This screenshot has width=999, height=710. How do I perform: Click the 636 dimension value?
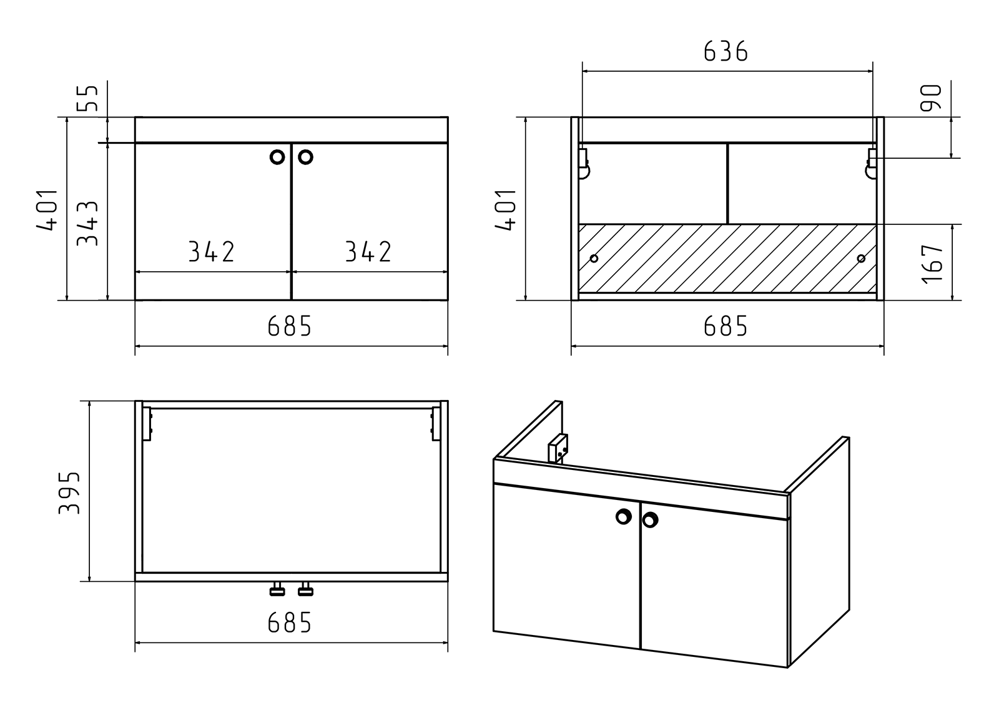[x=726, y=51]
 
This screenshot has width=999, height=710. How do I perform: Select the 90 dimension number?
[x=931, y=97]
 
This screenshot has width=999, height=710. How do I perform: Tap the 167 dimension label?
[x=932, y=264]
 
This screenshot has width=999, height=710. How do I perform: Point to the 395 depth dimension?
[x=69, y=492]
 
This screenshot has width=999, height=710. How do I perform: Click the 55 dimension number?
[x=87, y=98]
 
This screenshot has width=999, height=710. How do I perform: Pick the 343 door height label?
[x=87, y=224]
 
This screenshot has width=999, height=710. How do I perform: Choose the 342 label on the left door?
[x=212, y=251]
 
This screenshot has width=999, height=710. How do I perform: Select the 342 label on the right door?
[x=368, y=251]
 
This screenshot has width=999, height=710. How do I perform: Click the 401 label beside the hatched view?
[x=505, y=210]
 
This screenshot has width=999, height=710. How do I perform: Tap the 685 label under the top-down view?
[x=290, y=622]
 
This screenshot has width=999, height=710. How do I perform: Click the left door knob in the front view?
[x=277, y=157]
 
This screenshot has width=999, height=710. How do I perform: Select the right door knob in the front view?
[x=305, y=157]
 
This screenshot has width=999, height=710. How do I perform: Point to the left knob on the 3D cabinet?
[x=624, y=517]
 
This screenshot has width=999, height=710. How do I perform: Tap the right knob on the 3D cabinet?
[x=650, y=519]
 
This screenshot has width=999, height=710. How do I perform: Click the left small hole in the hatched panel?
[x=594, y=259]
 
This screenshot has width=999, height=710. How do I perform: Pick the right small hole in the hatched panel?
[x=861, y=259]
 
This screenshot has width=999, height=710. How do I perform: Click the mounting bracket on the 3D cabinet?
[x=558, y=448]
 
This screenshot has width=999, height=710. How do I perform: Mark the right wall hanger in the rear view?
[x=872, y=163]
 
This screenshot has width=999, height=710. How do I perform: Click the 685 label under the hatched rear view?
[x=726, y=326]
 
